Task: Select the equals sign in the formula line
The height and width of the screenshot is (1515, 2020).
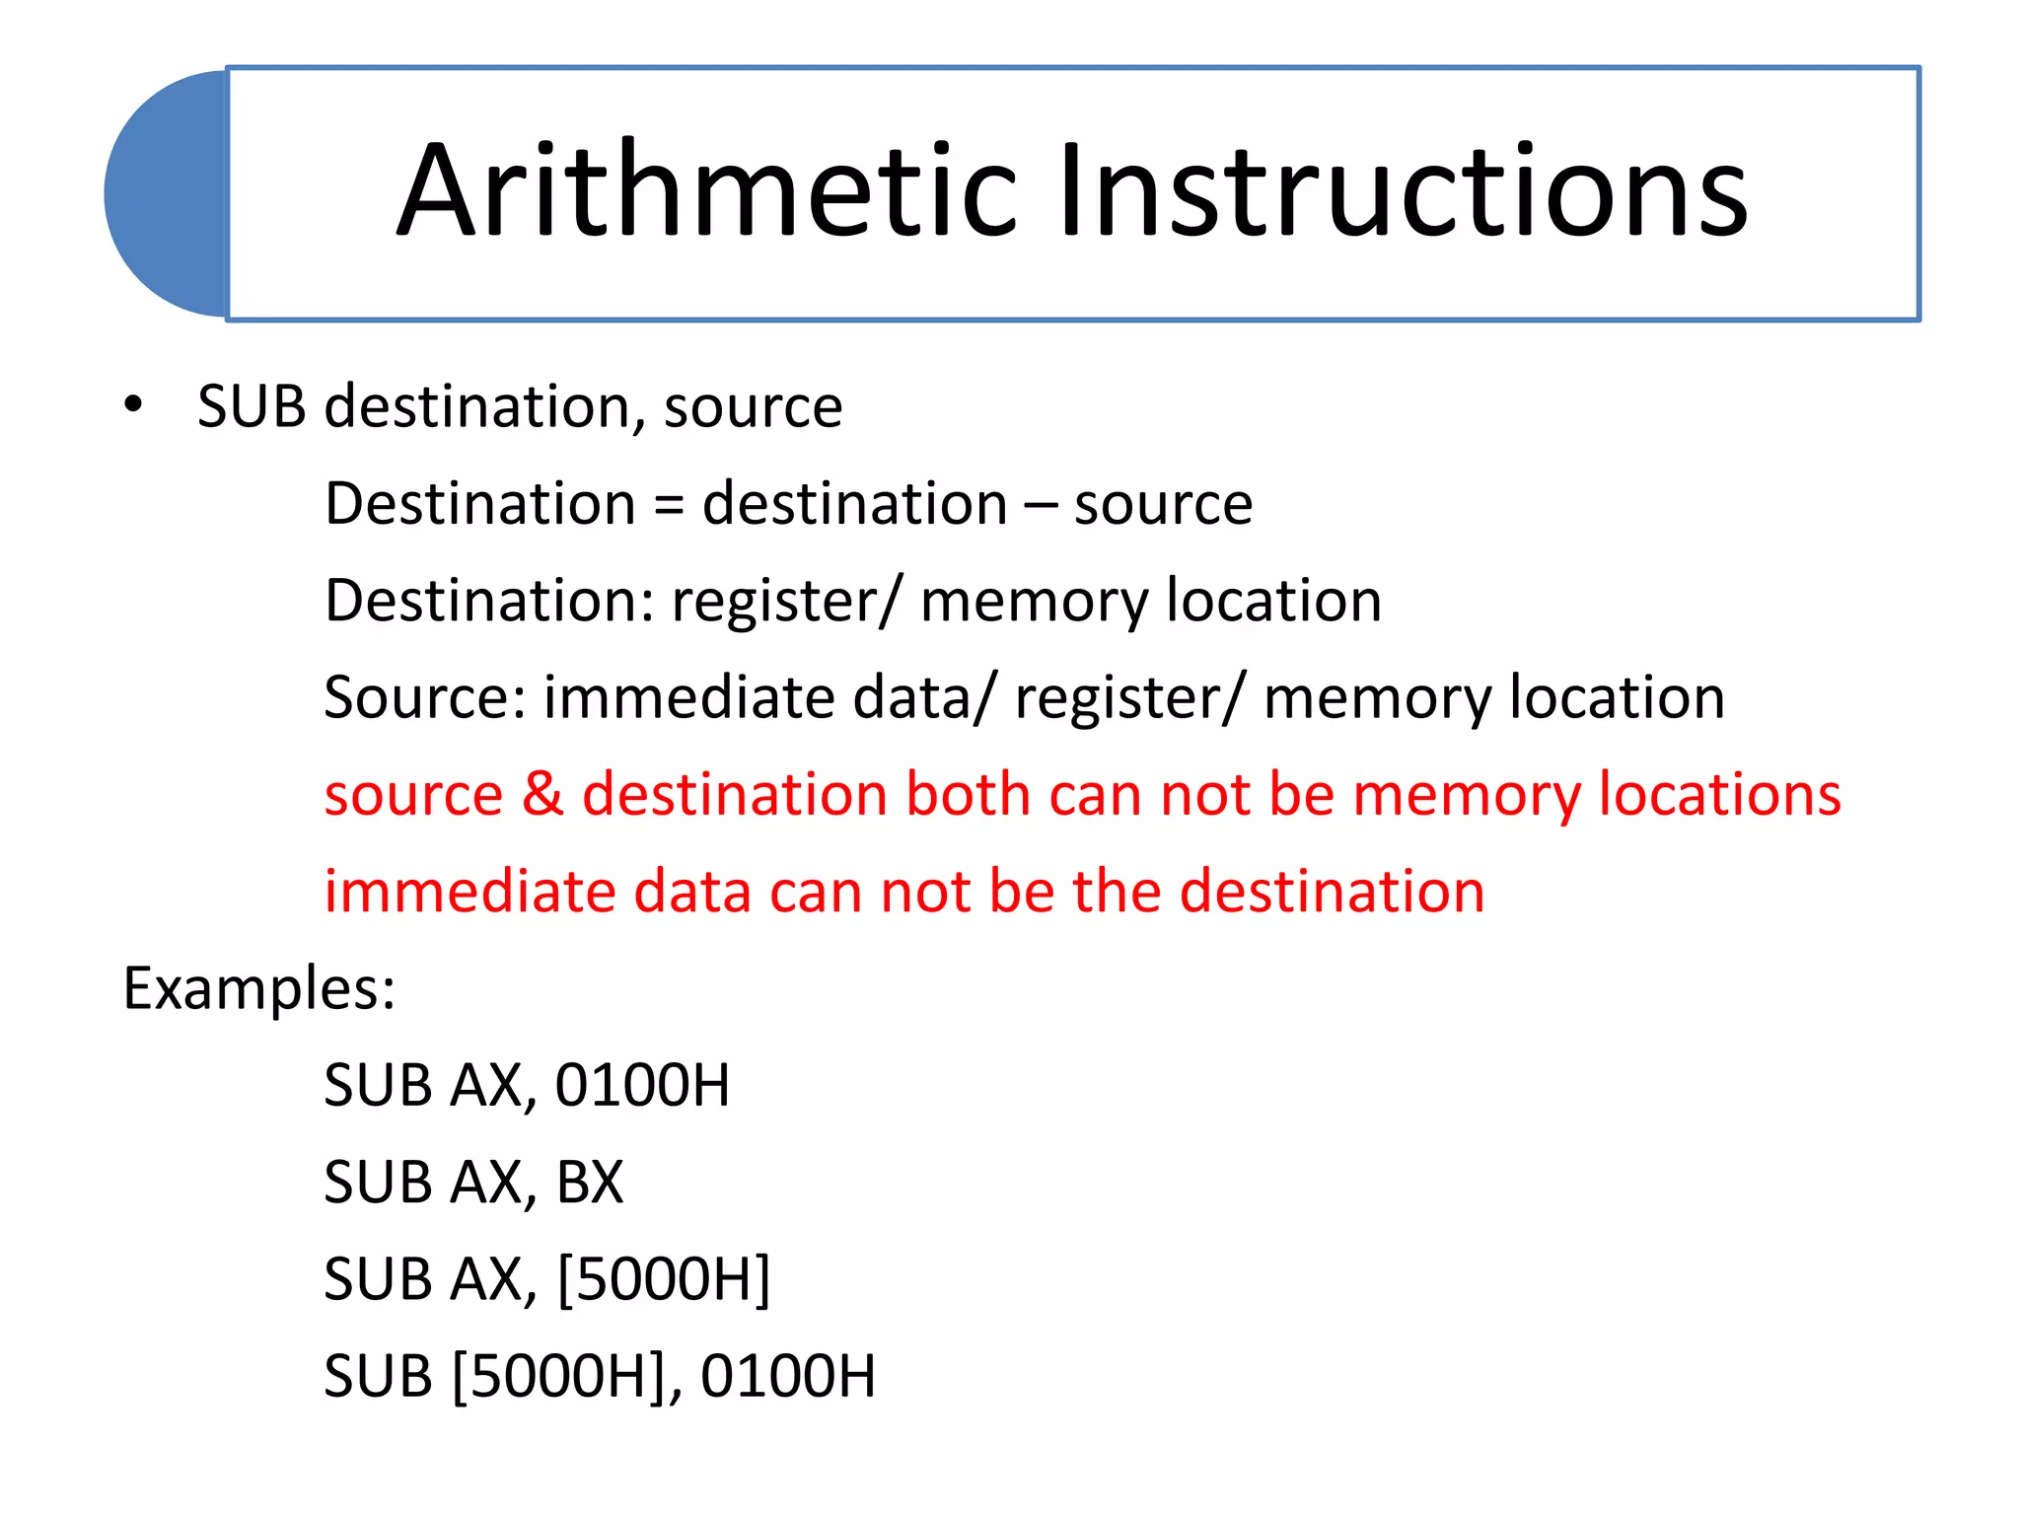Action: click(x=668, y=505)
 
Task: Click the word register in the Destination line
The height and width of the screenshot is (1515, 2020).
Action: click(x=775, y=601)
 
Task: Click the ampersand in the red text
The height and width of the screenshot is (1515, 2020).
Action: click(x=541, y=794)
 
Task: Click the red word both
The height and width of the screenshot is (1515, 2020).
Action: click(x=968, y=794)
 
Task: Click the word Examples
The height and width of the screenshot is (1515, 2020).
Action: click(x=258, y=988)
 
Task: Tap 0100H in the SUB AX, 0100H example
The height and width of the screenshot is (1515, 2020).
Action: click(x=642, y=1085)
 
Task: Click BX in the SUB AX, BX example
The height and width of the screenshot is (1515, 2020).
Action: click(x=590, y=1182)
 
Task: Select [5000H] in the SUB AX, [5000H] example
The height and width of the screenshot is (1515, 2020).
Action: click(x=663, y=1279)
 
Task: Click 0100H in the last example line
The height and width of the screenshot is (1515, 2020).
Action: click(x=787, y=1376)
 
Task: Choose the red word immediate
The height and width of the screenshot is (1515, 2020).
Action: click(x=469, y=891)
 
